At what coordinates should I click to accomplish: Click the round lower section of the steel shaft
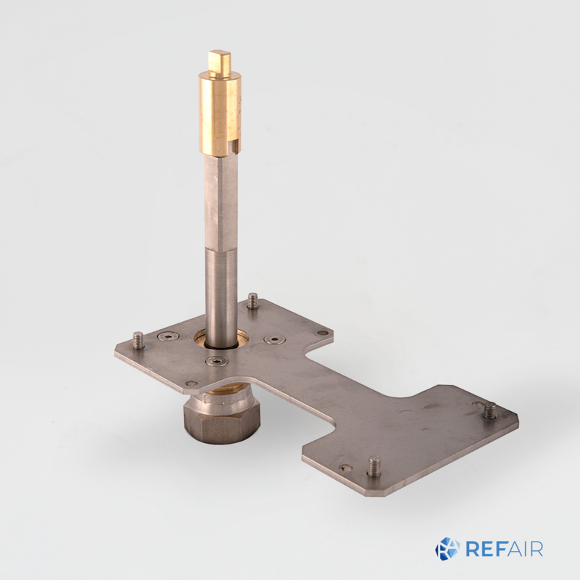click(x=221, y=296)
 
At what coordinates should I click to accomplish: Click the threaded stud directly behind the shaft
click(x=252, y=301)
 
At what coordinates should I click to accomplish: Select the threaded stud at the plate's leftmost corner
click(x=138, y=340)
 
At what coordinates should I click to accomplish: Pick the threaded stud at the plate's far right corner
click(x=490, y=410)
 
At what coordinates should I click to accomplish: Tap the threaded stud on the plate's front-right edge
click(x=374, y=466)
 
